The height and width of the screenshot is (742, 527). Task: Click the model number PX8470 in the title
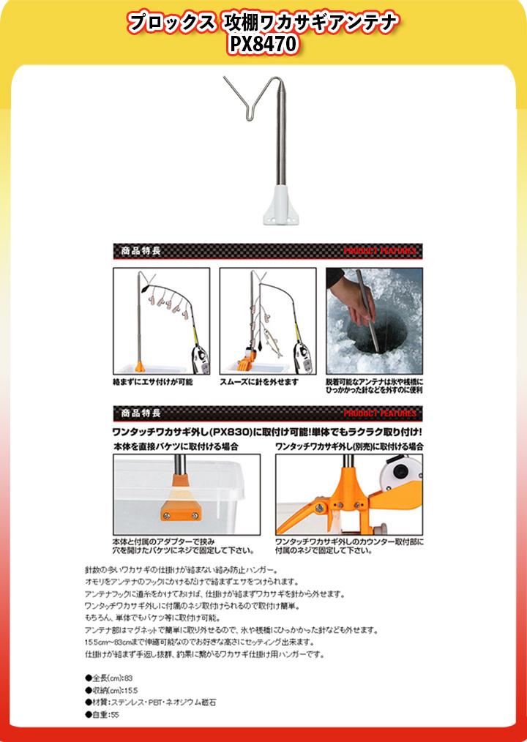click(x=263, y=45)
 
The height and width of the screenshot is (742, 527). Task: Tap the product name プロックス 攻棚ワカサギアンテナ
click(x=263, y=23)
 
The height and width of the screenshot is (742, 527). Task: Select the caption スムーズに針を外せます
click(x=259, y=382)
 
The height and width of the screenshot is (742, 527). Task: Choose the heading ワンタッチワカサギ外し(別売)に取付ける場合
click(x=349, y=446)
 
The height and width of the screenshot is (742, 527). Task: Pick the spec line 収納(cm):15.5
click(x=114, y=689)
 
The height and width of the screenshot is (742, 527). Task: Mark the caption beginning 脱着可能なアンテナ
click(x=374, y=386)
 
